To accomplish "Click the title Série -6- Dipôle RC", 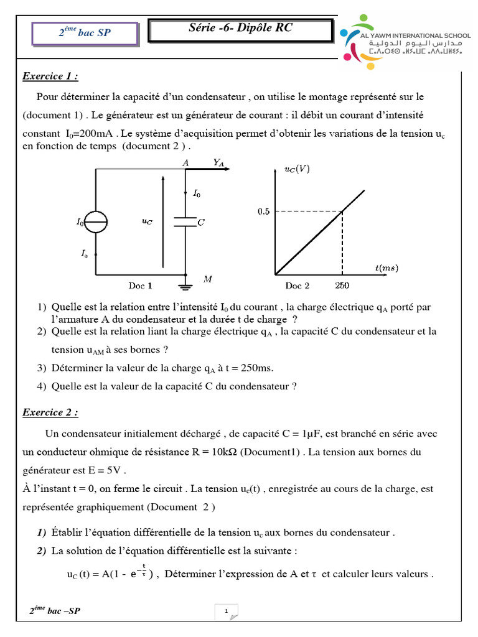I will click(x=240, y=29).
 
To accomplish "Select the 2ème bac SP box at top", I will click(x=85, y=33).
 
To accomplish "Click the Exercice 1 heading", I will click(x=50, y=77).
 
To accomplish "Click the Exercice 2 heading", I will click(x=50, y=412).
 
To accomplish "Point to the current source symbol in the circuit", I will click(x=96, y=221).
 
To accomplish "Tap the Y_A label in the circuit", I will click(x=218, y=162).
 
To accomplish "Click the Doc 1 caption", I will click(x=140, y=286).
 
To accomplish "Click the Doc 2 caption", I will click(x=298, y=286).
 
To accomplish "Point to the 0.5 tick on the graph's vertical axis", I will click(x=264, y=212).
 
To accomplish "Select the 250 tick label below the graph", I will click(x=342, y=286).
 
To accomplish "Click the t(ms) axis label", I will click(x=387, y=268).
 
